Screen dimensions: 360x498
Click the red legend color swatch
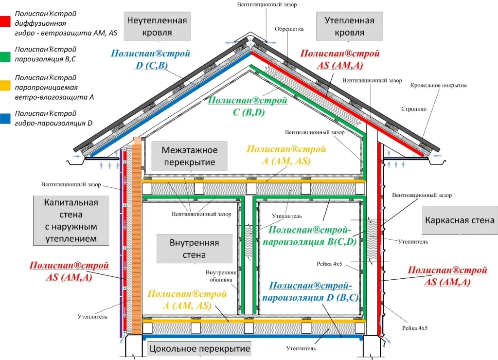coord(6,22)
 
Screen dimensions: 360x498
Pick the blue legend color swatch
coord(6,118)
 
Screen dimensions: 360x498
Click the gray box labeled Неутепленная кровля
coord(157,26)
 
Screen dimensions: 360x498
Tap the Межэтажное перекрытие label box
coord(189,156)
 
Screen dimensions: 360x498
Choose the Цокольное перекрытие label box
coord(199,348)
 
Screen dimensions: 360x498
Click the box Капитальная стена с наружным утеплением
coord(71,220)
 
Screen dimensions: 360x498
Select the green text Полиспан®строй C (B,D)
coord(247,107)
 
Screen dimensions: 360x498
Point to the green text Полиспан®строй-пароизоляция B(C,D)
coord(313,235)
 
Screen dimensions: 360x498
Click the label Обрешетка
coord(289,29)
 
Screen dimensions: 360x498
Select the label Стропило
coord(414,109)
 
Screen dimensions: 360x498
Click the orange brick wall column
coord(137,234)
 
